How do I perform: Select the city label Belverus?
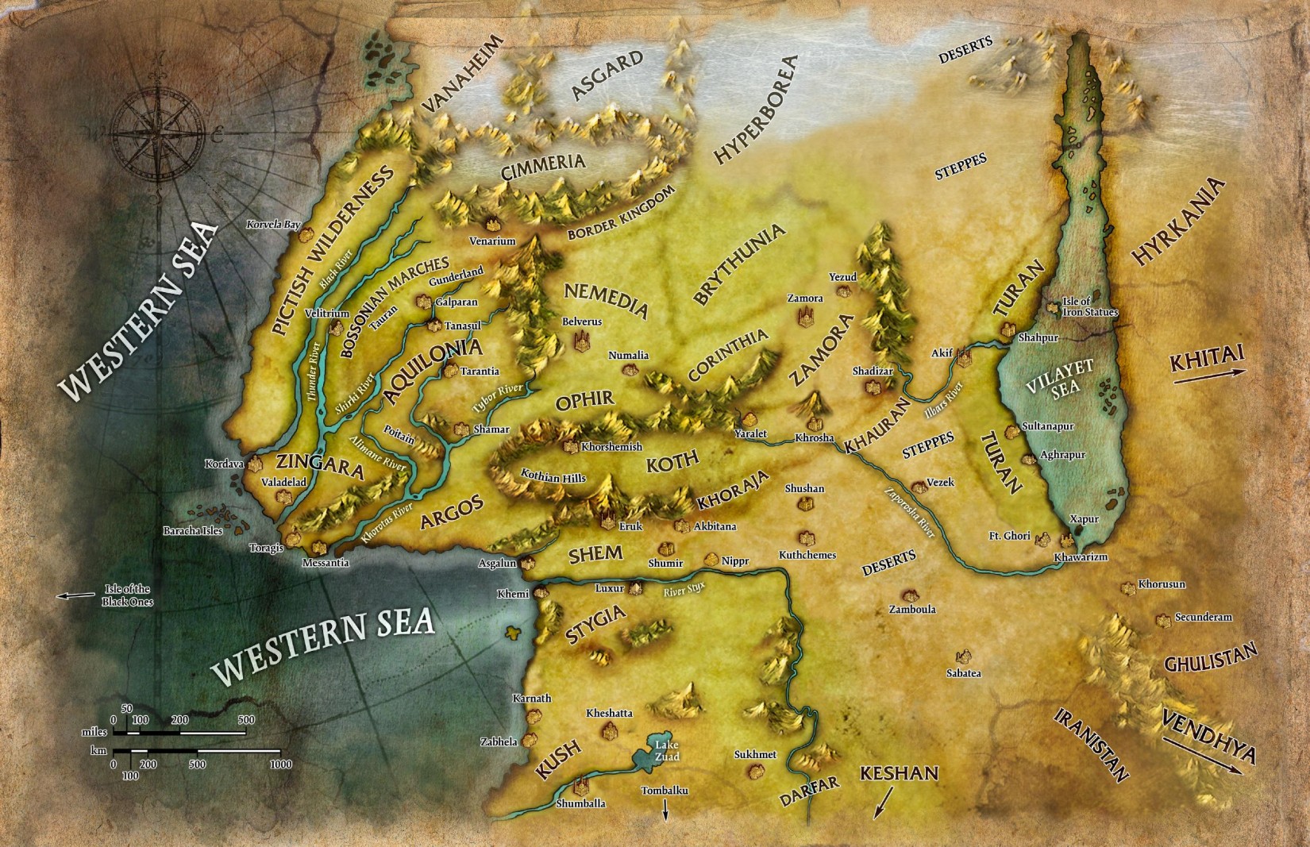point(582,321)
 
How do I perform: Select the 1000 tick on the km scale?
point(279,764)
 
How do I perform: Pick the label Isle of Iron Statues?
point(1090,307)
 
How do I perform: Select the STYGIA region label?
point(595,624)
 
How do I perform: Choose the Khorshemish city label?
point(611,447)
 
